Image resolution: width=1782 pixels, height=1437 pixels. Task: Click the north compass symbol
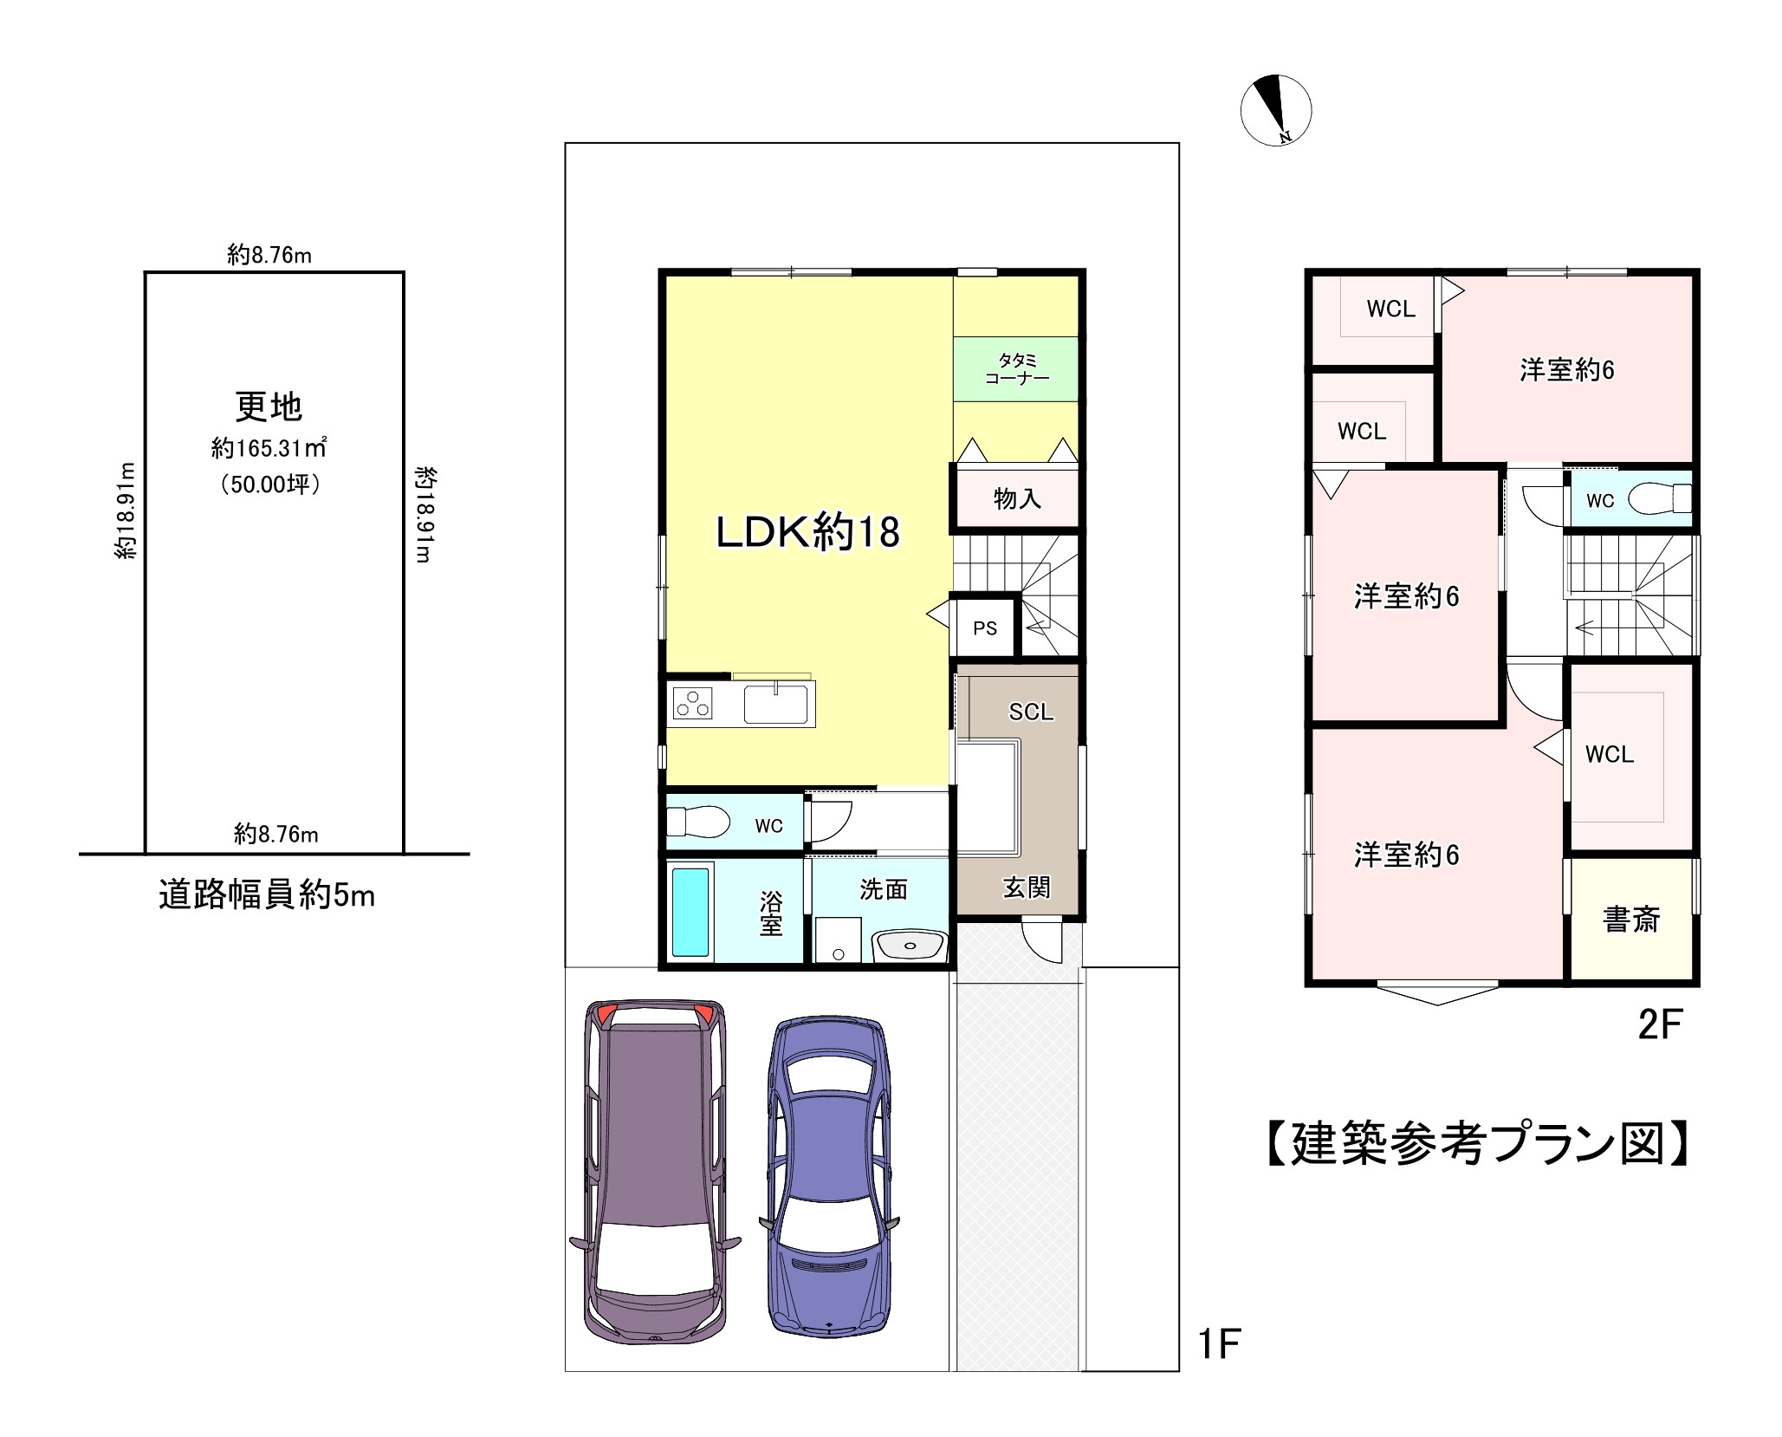tap(1275, 110)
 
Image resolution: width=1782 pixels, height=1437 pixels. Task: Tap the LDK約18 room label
tap(807, 531)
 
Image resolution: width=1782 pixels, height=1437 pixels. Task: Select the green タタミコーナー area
tap(1016, 369)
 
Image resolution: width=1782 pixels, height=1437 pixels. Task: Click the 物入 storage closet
tap(1016, 498)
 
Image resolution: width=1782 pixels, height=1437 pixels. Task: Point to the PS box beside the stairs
tap(984, 627)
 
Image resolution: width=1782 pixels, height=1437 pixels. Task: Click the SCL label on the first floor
tap(1030, 712)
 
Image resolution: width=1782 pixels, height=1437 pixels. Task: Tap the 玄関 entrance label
tap(1026, 887)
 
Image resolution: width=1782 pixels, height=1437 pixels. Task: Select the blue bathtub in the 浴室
tap(690, 913)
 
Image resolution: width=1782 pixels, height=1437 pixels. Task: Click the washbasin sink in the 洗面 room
tap(909, 945)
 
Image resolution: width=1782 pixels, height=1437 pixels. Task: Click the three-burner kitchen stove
tap(692, 703)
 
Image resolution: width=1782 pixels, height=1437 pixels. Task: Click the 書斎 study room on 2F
tap(1630, 920)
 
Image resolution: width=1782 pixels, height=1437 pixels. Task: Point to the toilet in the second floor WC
tap(1657, 498)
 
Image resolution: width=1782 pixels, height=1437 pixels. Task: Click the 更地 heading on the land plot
tap(269, 406)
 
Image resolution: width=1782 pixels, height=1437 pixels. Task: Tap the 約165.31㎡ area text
tap(269, 448)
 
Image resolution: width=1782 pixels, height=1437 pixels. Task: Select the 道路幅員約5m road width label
tap(267, 894)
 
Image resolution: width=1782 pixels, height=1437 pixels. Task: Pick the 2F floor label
tap(1659, 1025)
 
